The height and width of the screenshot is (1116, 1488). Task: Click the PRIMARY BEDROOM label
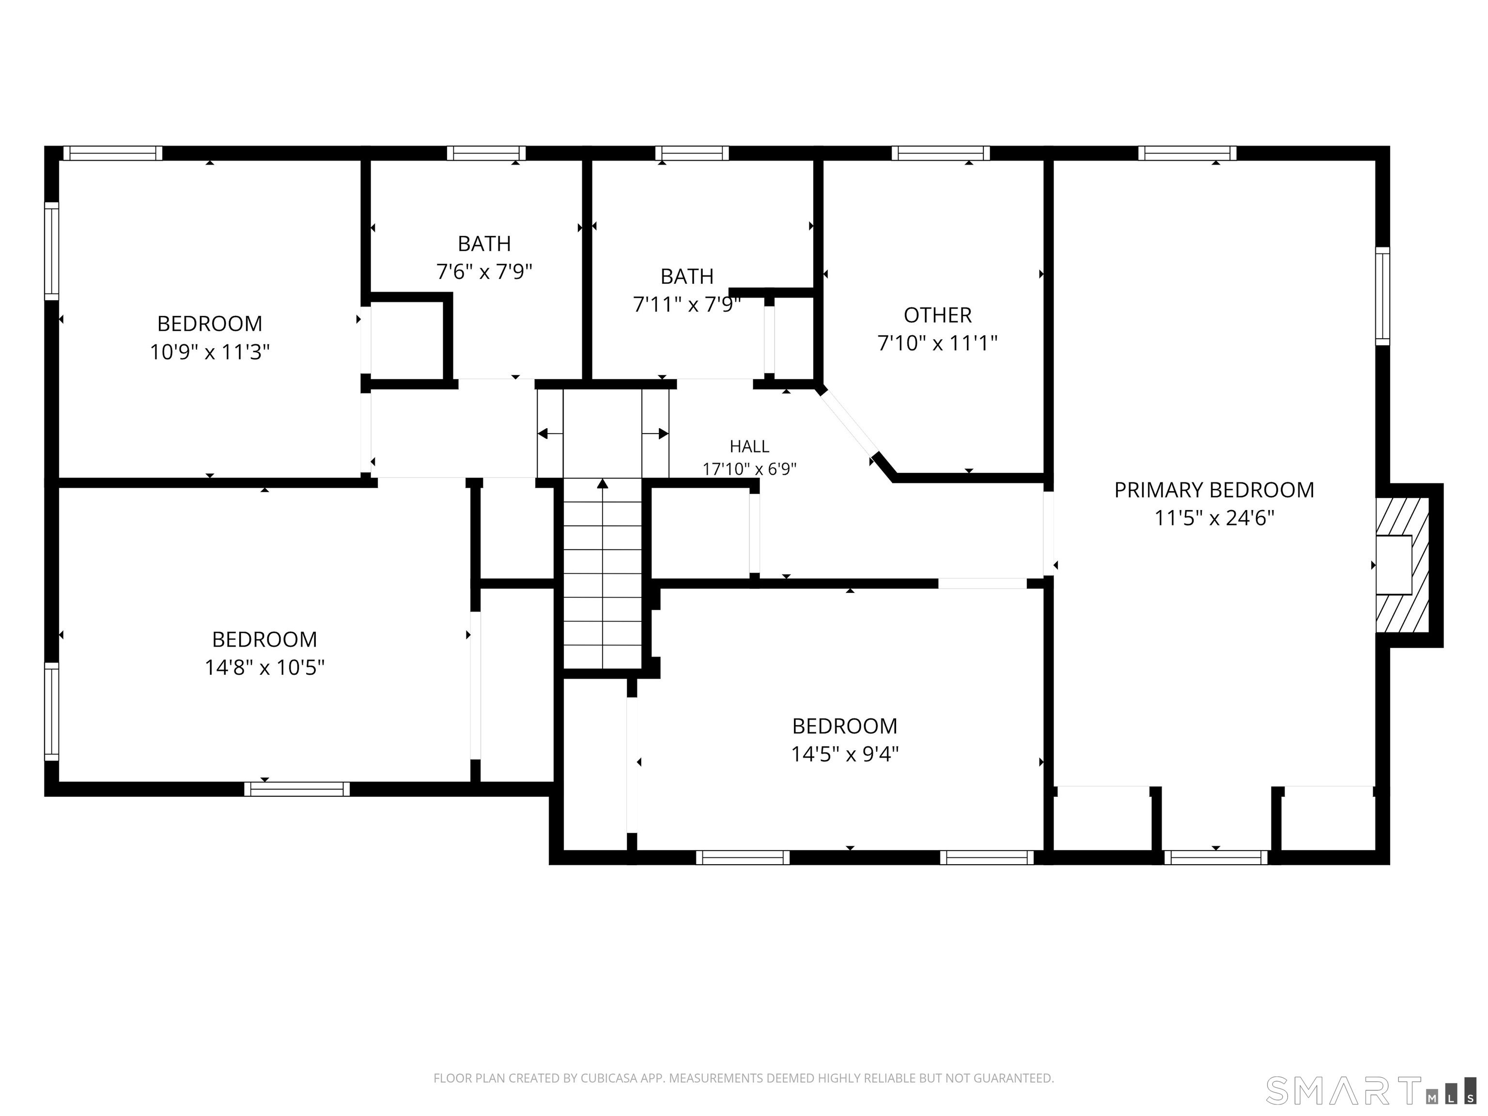(1214, 490)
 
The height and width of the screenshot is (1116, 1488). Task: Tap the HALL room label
(749, 446)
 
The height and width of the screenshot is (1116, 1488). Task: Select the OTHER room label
(938, 315)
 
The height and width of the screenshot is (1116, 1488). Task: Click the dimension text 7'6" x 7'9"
(484, 272)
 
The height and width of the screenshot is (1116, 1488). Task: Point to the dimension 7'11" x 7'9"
(687, 305)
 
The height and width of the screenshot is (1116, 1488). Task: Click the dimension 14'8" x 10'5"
(265, 667)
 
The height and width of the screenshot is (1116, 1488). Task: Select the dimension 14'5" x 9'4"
(845, 754)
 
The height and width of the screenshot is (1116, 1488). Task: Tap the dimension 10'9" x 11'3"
(210, 352)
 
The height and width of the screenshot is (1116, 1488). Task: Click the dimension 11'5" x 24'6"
(1215, 518)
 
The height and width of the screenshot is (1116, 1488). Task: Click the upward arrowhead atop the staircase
(603, 483)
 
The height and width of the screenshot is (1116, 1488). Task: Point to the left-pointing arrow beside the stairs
(550, 434)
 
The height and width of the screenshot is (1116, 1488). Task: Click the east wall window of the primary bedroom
(1382, 296)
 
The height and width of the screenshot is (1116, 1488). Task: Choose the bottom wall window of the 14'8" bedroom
(296, 789)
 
